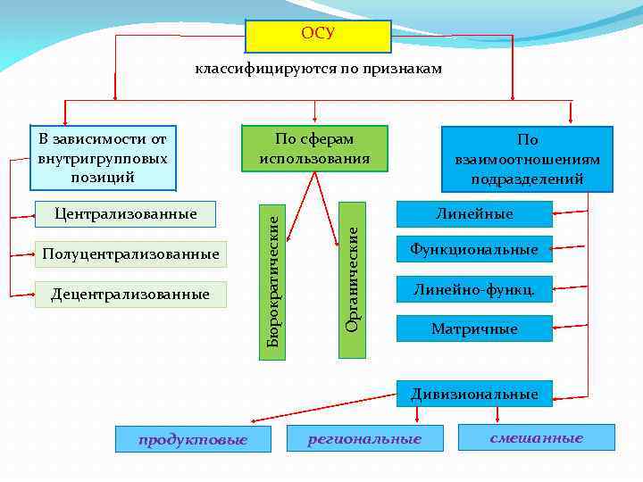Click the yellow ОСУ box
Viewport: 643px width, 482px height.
318,36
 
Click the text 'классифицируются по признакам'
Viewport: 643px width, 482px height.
319,70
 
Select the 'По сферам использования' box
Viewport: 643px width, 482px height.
314,148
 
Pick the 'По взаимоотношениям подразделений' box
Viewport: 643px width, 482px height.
527,159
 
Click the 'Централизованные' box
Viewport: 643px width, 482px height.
126,214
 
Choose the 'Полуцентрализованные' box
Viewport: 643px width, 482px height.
130,254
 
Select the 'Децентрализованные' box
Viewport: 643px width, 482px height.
130,294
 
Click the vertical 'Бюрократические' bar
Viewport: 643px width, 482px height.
273,278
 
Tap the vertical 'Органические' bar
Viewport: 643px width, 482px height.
353,278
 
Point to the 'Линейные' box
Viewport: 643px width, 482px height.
474,214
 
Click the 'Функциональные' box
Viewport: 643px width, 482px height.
474,249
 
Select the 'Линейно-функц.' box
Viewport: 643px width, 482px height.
474,288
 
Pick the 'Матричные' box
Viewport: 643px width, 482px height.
474,328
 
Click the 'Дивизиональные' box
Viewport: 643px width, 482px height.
474,394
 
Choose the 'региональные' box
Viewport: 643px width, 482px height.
364,438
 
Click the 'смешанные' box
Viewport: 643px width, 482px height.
536,437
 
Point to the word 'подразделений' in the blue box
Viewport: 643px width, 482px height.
527,179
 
